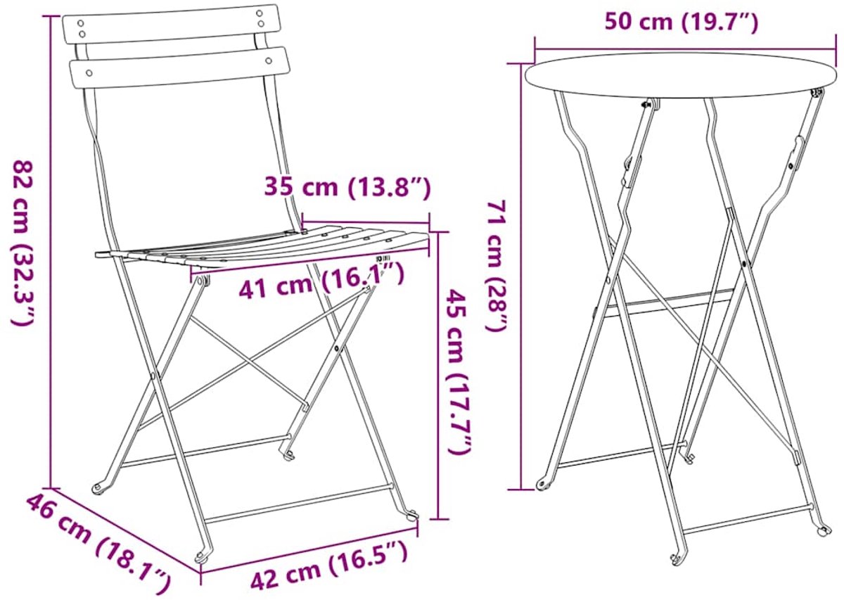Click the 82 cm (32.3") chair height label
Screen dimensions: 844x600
(x=24, y=243)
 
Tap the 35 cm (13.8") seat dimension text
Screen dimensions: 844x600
(x=347, y=187)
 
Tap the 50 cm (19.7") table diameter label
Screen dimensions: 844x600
(x=682, y=23)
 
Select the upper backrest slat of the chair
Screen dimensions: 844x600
(x=172, y=24)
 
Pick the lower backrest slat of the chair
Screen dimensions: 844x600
(x=180, y=68)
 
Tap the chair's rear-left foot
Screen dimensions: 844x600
(x=99, y=488)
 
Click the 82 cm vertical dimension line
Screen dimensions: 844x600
(x=51, y=252)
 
